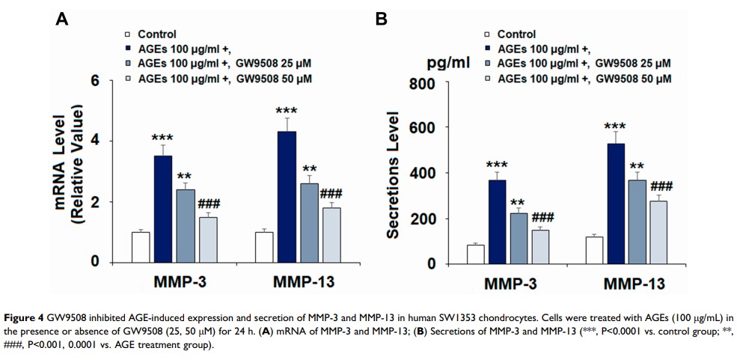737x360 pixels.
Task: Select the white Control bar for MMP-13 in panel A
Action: pyautogui.click(x=265, y=247)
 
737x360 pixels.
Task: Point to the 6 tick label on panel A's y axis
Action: pyautogui.click(x=95, y=81)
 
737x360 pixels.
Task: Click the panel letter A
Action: pyautogui.click(x=63, y=20)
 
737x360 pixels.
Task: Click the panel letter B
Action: pyautogui.click(x=381, y=20)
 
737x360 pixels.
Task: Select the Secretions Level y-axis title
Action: pyautogui.click(x=392, y=177)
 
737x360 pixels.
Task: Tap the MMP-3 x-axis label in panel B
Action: pyautogui.click(x=510, y=284)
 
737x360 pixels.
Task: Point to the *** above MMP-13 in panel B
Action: pyautogui.click(x=615, y=126)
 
